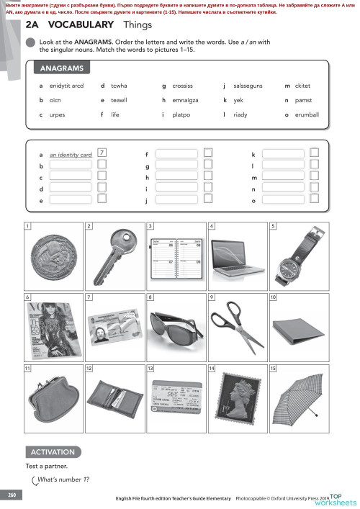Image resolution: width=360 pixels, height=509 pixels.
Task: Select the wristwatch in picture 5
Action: (298, 256)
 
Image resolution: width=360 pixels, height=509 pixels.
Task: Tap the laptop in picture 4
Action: (238, 256)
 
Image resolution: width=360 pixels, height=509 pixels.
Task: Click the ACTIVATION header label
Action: (53, 452)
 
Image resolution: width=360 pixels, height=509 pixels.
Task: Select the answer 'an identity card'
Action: (71, 155)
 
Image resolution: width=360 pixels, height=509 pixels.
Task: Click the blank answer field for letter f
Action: (176, 153)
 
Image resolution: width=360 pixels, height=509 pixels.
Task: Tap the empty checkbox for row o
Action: (314, 199)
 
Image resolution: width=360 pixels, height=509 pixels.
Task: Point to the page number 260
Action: (12, 495)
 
